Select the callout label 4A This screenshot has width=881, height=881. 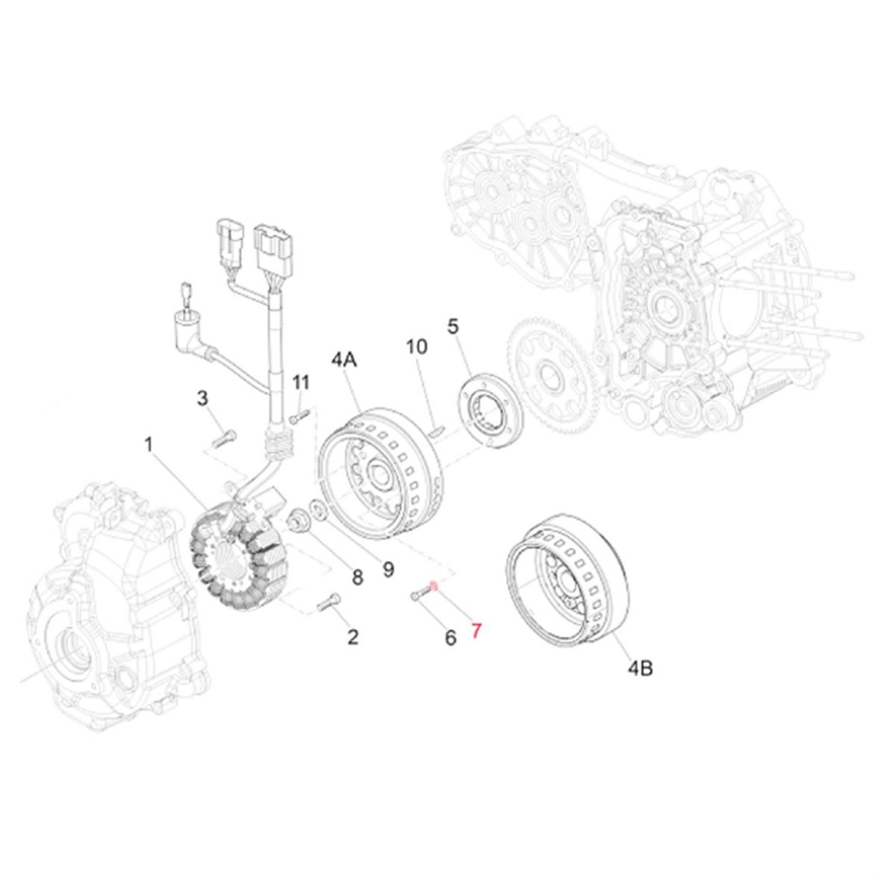(x=344, y=359)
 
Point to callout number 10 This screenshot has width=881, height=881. (x=417, y=346)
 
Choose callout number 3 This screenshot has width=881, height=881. (x=202, y=399)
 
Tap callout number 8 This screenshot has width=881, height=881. (x=358, y=577)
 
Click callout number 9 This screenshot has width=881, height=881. (x=388, y=569)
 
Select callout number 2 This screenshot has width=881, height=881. (x=353, y=637)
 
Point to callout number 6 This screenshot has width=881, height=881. (x=451, y=638)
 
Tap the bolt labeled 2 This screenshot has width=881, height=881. (x=329, y=602)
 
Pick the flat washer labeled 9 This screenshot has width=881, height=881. (x=318, y=510)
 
